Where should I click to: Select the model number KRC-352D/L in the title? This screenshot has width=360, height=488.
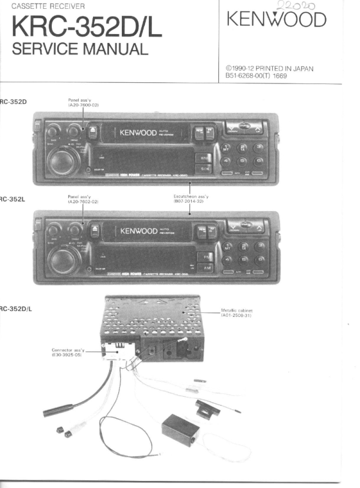(87, 27)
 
